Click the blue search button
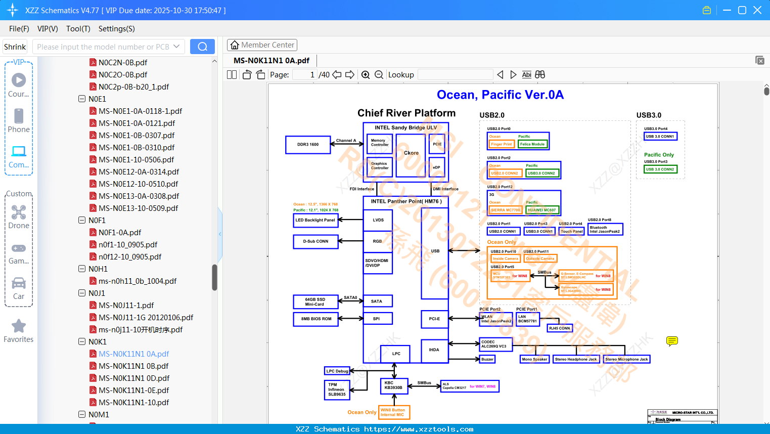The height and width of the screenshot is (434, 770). (x=202, y=47)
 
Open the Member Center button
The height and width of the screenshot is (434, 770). (x=262, y=45)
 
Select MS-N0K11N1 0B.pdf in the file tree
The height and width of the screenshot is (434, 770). (x=133, y=366)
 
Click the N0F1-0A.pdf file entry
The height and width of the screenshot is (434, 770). (x=120, y=232)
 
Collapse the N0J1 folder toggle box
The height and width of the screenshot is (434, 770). (x=82, y=293)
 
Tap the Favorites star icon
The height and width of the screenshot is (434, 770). (x=19, y=326)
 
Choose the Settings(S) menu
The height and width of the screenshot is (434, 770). (x=116, y=29)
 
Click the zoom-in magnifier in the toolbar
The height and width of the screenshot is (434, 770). (x=366, y=75)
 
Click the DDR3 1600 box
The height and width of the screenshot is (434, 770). (x=308, y=145)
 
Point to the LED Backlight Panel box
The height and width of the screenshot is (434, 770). (x=315, y=220)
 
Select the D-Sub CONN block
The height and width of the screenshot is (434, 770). (x=315, y=241)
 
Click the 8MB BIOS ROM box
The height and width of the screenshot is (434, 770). (x=316, y=319)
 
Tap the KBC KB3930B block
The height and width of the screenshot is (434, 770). (x=394, y=385)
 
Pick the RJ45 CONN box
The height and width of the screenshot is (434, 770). (x=560, y=328)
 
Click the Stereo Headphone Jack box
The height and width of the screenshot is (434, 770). (x=576, y=359)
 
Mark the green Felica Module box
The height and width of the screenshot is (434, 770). (x=532, y=144)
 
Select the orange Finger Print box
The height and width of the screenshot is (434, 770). (x=502, y=144)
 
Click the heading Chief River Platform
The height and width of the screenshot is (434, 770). (x=406, y=113)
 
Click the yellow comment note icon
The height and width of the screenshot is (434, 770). (x=672, y=341)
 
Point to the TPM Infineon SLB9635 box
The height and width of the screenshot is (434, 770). (x=337, y=389)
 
